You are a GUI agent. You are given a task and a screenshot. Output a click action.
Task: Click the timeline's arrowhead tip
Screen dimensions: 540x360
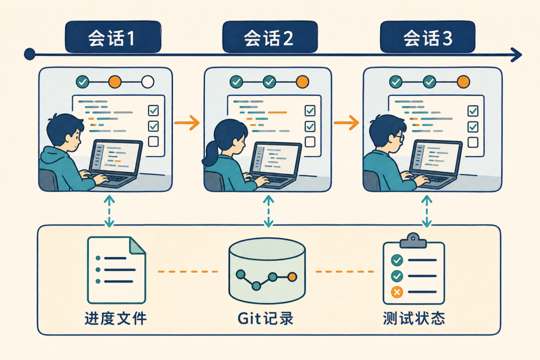[x=521, y=54]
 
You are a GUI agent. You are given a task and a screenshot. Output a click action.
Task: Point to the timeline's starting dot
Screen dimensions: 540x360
[x=30, y=54]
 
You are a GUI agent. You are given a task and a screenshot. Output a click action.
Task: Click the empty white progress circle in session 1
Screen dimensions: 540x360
[x=147, y=82]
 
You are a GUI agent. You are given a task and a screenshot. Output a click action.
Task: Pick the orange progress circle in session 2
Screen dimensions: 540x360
[x=302, y=82]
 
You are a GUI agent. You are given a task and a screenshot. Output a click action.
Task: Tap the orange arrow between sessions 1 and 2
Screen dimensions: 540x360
[x=186, y=122]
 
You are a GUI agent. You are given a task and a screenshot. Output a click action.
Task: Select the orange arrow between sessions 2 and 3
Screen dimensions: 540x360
[x=346, y=122]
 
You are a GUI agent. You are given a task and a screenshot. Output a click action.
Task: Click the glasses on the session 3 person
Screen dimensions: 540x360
[x=399, y=138]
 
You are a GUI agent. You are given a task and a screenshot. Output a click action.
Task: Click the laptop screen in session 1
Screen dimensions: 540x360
[x=116, y=156]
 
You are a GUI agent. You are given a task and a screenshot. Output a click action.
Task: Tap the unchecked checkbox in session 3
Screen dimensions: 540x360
[x=473, y=142]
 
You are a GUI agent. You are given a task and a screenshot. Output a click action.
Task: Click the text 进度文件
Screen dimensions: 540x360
[x=115, y=318]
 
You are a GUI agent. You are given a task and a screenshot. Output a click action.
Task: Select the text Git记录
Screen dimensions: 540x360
[x=265, y=318]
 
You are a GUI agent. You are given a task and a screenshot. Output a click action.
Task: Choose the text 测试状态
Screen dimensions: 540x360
[x=414, y=318]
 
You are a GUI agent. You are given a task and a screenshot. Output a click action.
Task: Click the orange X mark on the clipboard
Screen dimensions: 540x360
[x=396, y=292]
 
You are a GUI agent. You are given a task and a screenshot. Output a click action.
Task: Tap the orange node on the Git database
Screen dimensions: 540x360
[x=292, y=276]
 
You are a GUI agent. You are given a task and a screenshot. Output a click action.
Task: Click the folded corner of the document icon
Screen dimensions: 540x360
[x=137, y=245]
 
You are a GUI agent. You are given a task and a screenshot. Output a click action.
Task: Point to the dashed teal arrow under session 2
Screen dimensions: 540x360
[x=268, y=211]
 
